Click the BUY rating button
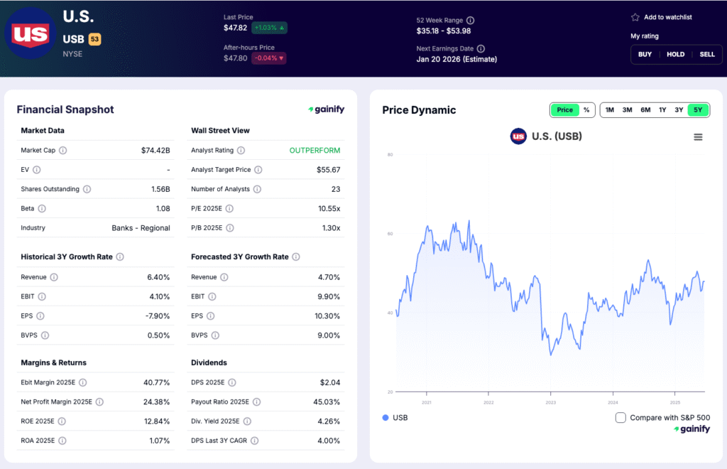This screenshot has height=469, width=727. pos(645,54)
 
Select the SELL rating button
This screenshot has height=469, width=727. pos(707,54)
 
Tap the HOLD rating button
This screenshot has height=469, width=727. pos(675,54)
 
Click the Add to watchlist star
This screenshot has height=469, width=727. pos(635,17)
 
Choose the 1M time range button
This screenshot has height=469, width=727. pos(609,110)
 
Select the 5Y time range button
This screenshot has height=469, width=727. pos(698,110)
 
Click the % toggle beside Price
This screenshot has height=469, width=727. pos(586,110)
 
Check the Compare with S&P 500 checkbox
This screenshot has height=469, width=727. pos(621,418)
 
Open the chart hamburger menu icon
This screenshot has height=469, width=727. pos(698,137)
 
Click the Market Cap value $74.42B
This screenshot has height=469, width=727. pos(155,151)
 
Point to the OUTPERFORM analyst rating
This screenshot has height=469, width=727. pos(315,151)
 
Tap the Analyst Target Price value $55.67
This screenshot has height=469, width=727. pos(328,170)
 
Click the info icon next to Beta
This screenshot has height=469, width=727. pos(42,209)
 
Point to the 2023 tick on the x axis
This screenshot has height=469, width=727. pos(550,402)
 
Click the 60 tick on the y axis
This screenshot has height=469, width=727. pos(389,234)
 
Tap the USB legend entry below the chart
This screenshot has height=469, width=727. pos(395,418)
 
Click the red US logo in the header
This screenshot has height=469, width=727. pos(31,33)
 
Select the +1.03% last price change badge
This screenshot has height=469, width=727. pos(269,28)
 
